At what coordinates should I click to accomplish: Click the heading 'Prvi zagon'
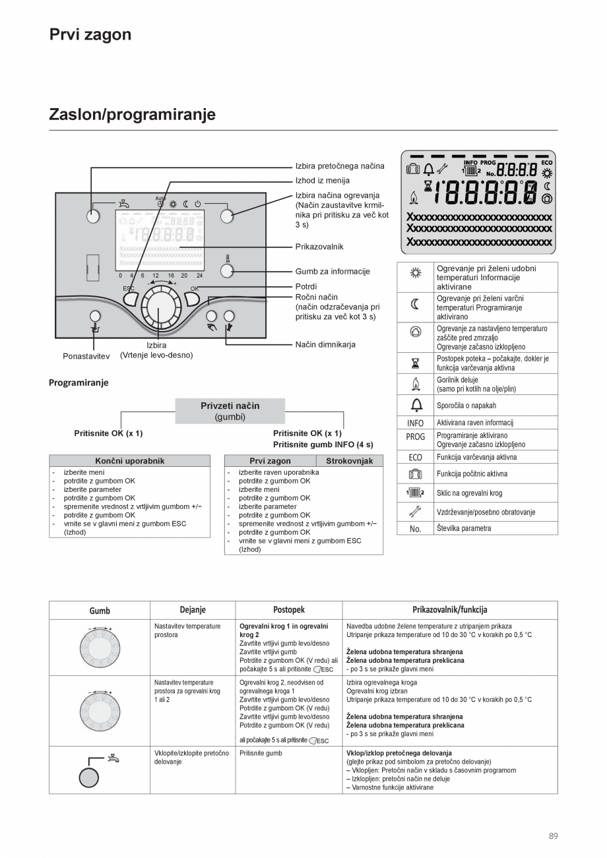(x=90, y=35)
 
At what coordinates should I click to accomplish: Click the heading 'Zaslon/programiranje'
(x=132, y=115)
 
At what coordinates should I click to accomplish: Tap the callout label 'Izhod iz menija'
(x=322, y=181)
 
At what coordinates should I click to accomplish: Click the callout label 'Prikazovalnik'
(x=319, y=247)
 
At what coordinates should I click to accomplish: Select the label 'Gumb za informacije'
(x=332, y=271)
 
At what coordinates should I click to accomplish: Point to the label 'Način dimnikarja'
(x=325, y=344)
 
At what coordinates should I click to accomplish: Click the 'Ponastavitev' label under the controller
(x=86, y=356)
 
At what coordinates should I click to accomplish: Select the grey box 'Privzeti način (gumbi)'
(x=230, y=411)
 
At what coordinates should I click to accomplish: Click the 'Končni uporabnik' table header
(x=129, y=461)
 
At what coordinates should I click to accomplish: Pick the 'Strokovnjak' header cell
(x=349, y=461)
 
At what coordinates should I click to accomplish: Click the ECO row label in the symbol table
(x=415, y=457)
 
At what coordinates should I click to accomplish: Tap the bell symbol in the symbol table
(x=415, y=405)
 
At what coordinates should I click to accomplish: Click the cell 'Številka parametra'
(x=463, y=528)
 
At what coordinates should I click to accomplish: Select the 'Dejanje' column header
(x=193, y=610)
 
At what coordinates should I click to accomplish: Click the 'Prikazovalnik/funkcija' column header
(x=449, y=610)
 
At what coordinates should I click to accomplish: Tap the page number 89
(x=553, y=836)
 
